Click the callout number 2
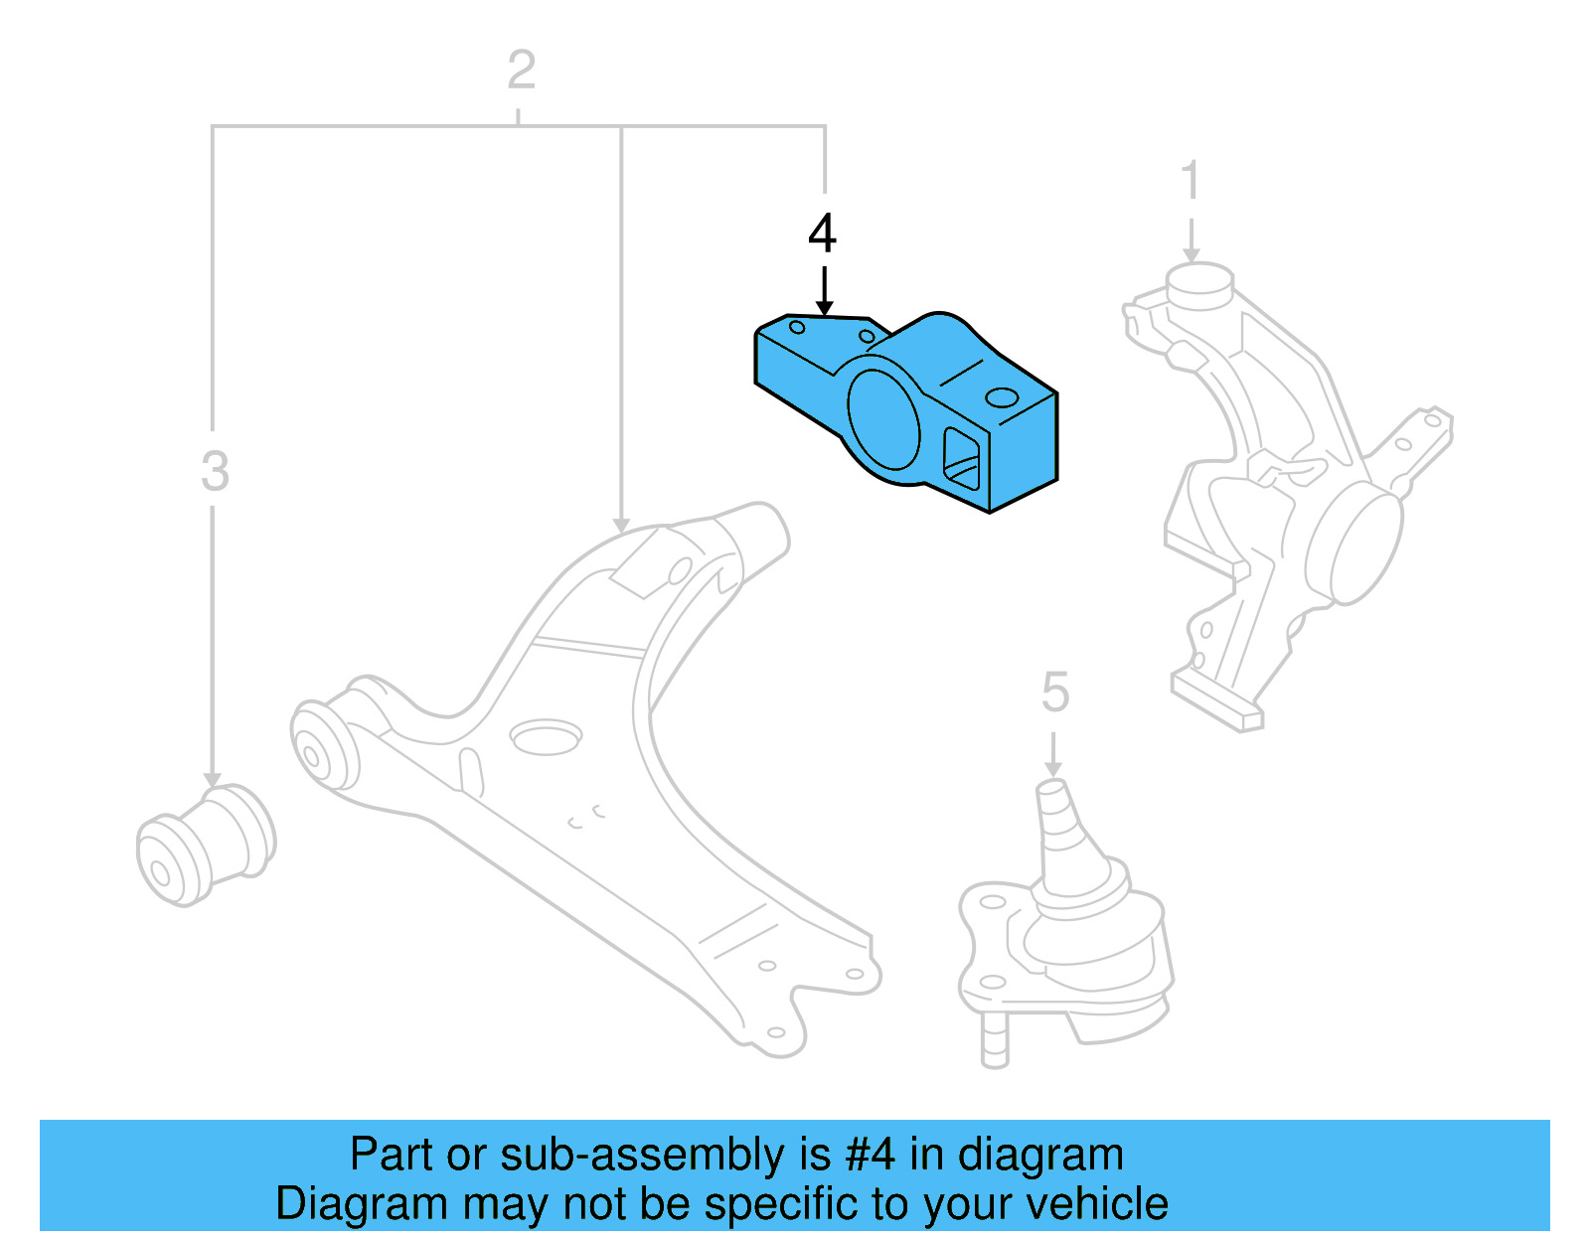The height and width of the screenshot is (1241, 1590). (x=521, y=71)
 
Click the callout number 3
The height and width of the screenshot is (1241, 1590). (x=215, y=471)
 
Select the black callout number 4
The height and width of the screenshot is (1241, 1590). (x=822, y=233)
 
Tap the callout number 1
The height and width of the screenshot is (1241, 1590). (x=1191, y=182)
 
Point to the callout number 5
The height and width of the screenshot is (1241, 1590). (x=1054, y=692)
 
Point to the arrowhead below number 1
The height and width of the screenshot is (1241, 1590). (x=1191, y=254)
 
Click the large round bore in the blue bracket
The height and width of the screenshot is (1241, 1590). (x=881, y=418)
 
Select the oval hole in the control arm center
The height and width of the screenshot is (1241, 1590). (x=545, y=737)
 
